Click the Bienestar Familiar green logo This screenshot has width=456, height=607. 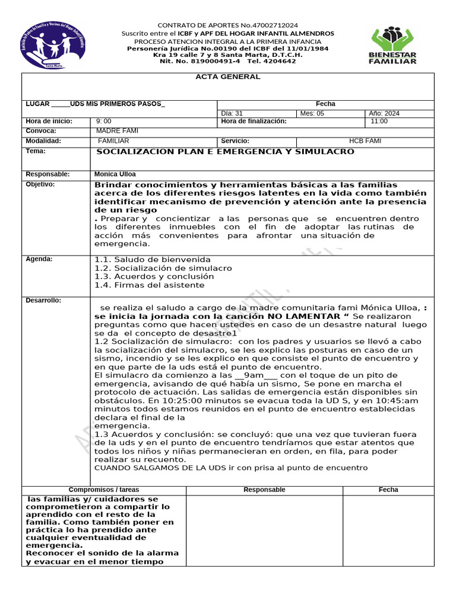(393, 44)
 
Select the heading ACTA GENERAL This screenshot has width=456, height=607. (228, 77)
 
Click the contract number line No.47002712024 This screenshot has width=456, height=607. (228, 25)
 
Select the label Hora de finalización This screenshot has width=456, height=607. (254, 122)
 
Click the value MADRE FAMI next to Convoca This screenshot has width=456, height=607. (117, 131)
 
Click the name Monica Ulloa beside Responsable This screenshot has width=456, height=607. (115, 174)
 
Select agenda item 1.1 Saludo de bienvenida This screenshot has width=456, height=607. (153, 260)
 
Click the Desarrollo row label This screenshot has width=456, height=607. (43, 301)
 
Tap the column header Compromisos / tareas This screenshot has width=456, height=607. (104, 490)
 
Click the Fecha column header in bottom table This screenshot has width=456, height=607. (388, 490)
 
